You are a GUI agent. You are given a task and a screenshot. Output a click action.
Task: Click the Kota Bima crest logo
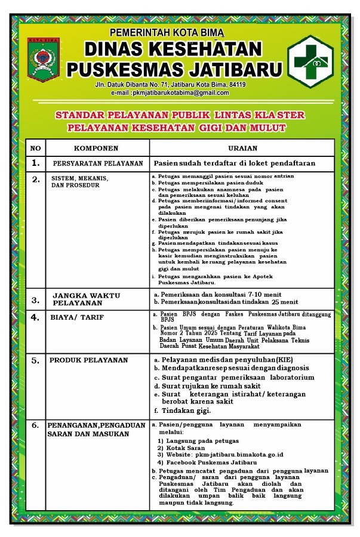tap(44, 60)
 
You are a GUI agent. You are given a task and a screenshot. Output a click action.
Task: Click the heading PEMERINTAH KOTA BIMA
tap(166, 32)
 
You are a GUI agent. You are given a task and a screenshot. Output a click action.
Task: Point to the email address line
tap(170, 92)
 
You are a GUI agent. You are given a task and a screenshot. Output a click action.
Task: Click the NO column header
tap(36, 148)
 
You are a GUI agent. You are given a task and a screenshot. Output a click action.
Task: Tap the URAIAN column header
tap(243, 148)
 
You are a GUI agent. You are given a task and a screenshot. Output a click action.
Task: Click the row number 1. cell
tap(36, 163)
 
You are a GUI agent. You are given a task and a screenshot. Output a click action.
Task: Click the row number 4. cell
tap(36, 317)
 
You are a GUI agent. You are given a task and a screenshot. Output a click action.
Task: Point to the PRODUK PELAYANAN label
tap(88, 360)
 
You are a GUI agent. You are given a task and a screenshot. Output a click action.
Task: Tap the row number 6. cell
tap(35, 425)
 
